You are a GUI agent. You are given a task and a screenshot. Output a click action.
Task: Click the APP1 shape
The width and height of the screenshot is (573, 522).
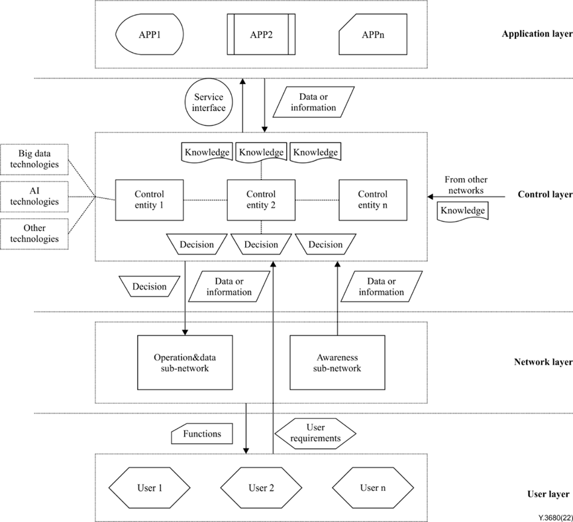click(x=150, y=35)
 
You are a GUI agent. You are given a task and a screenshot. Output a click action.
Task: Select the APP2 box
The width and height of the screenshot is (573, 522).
click(x=262, y=35)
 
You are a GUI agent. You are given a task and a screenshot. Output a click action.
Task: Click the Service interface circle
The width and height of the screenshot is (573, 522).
click(x=209, y=103)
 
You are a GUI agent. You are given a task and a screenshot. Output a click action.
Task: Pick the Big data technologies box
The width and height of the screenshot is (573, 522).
click(x=34, y=159)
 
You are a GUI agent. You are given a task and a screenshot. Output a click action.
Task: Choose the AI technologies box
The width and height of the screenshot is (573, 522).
click(x=34, y=196)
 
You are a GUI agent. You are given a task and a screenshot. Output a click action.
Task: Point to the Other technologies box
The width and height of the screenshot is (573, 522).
click(x=34, y=234)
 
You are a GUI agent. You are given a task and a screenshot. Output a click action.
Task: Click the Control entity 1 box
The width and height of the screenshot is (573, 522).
click(x=149, y=200)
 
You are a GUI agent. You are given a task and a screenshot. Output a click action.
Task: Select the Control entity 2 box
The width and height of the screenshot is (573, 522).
click(x=261, y=200)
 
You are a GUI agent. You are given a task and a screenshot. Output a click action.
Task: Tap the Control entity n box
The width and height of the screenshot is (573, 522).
click(x=373, y=200)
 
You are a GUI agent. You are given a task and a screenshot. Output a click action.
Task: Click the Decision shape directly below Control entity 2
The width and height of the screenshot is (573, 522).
click(x=261, y=245)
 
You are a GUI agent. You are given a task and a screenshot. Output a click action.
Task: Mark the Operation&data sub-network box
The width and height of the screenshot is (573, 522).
click(x=185, y=363)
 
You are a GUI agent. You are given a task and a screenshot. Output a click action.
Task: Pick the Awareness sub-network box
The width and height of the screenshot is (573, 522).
click(x=337, y=363)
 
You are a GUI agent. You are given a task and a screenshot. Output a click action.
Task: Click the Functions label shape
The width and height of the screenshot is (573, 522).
click(x=202, y=434)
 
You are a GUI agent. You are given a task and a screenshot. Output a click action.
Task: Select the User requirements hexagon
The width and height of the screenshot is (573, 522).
click(x=315, y=433)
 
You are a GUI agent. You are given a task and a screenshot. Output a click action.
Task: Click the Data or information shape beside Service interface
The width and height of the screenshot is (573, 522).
click(x=313, y=103)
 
